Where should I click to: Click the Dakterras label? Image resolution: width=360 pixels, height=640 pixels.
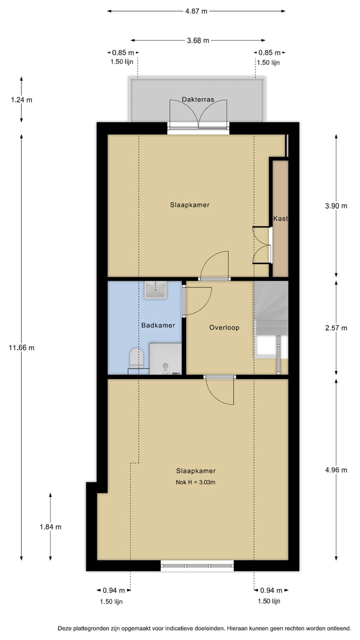click(198, 99)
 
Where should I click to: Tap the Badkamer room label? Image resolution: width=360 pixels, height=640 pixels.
click(158, 325)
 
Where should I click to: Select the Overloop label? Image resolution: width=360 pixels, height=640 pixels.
click(224, 327)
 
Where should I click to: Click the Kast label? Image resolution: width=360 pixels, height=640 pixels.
click(280, 218)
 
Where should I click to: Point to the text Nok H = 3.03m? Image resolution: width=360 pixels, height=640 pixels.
click(195, 482)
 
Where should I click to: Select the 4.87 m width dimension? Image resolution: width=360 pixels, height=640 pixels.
click(196, 11)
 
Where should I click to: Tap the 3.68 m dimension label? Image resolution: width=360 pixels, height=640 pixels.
click(198, 41)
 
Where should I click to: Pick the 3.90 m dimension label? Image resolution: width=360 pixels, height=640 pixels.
click(335, 205)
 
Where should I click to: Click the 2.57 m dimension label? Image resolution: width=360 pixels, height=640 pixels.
click(335, 328)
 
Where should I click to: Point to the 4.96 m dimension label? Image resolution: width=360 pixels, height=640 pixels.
click(335, 469)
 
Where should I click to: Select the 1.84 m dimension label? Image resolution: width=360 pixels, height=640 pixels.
click(50, 526)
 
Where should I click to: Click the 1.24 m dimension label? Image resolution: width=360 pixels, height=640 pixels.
click(21, 99)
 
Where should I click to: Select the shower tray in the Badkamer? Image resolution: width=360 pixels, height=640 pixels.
click(165, 358)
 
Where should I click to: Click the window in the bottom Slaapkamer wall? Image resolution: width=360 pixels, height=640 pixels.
click(197, 565)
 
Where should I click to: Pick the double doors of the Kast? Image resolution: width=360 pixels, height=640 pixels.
click(262, 245)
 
